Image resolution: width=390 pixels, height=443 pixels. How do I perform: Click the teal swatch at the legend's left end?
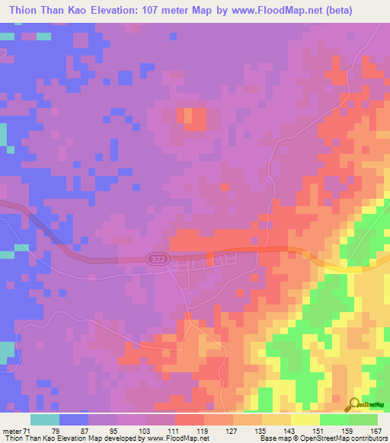click(45, 420)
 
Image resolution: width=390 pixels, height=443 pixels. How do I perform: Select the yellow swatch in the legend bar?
click(305, 420)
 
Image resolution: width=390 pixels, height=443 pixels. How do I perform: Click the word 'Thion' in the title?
click(23, 10)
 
